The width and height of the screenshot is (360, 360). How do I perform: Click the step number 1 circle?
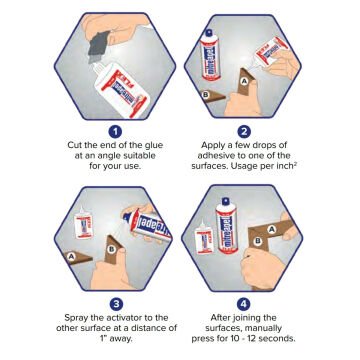tap(115, 132)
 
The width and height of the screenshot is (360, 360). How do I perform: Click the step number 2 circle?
tap(244, 132)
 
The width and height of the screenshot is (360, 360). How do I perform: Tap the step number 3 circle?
tap(116, 304)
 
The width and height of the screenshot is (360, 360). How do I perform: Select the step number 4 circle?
tap(244, 304)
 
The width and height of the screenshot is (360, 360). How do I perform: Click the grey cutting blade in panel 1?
tap(99, 44)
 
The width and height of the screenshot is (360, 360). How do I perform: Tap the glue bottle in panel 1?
tap(120, 88)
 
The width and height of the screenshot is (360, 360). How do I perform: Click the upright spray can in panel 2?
tap(210, 55)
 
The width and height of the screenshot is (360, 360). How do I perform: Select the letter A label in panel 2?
tap(246, 81)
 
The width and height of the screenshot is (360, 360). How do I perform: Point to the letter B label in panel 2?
tap(206, 95)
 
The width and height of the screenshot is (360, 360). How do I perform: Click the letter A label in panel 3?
tap(70, 256)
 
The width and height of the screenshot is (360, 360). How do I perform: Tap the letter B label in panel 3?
tap(112, 249)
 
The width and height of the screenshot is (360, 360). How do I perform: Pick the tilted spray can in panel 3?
tap(147, 224)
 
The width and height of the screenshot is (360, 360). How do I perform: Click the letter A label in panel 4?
tap(272, 229)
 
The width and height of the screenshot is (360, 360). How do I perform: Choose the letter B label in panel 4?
tap(257, 241)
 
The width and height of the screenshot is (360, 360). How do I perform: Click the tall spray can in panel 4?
tap(226, 225)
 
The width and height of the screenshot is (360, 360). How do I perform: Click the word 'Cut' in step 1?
tap(74, 145)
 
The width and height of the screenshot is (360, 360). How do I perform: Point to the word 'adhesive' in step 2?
tap(215, 156)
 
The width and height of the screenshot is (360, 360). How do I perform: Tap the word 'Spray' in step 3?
tap(76, 318)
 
